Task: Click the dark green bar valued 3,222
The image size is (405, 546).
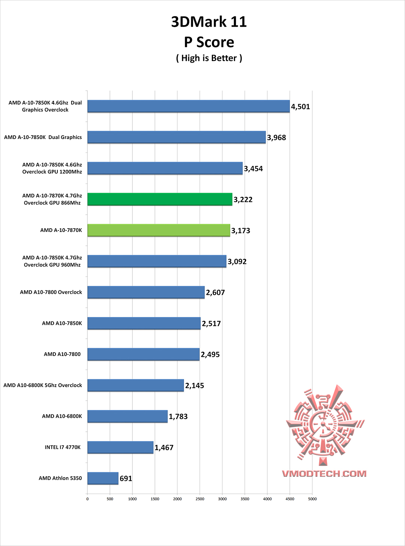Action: [160, 199]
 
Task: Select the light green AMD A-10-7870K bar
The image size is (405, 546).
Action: [159, 230]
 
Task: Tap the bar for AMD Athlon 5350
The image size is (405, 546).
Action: [103, 478]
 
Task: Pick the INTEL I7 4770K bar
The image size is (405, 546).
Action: [120, 447]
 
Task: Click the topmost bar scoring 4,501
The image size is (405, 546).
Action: [188, 106]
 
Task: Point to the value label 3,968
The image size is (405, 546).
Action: [276, 138]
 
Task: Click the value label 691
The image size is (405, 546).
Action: [126, 479]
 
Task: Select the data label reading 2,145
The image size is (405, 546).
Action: [195, 386]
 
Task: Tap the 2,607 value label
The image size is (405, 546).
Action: [215, 293]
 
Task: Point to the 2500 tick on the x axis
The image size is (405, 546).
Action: [200, 499]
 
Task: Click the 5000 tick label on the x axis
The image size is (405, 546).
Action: [312, 499]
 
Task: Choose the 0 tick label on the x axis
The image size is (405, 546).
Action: [87, 499]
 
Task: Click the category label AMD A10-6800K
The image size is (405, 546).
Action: [62, 416]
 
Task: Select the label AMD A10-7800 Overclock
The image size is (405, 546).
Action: [51, 292]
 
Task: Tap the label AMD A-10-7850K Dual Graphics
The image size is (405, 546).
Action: [43, 137]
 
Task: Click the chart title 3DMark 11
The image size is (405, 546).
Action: [209, 22]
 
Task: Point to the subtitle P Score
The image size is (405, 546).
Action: [209, 42]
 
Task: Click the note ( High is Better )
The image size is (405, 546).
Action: [209, 58]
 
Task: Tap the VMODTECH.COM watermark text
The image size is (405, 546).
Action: [324, 473]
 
